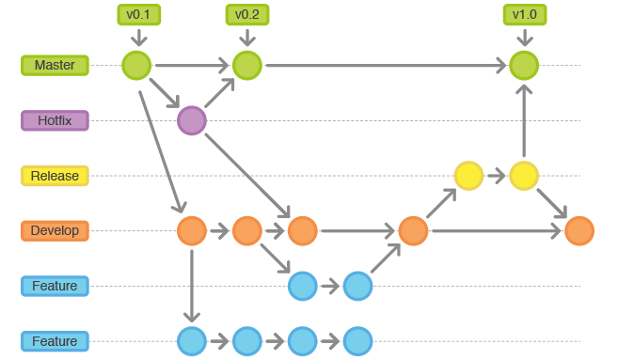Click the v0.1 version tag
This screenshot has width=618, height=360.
(x=138, y=15)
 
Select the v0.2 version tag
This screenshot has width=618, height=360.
(x=247, y=15)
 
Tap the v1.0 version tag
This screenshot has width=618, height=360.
(x=525, y=15)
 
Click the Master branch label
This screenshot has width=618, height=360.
(x=55, y=65)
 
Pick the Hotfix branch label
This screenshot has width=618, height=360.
(x=55, y=120)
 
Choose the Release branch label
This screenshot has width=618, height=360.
(x=55, y=176)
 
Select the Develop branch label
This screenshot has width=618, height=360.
(x=55, y=231)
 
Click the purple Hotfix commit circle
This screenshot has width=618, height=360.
(x=192, y=120)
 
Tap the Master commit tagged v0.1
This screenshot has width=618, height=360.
(x=136, y=66)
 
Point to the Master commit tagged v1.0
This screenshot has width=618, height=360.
(x=524, y=66)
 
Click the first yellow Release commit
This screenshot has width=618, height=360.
(x=468, y=176)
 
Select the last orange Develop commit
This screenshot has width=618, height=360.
(x=579, y=231)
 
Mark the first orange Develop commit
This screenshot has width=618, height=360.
(x=192, y=231)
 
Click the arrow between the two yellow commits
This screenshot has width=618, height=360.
(x=497, y=176)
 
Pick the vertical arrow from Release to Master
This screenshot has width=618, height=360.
(x=524, y=120)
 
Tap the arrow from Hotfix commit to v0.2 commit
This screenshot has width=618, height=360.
(x=219, y=93)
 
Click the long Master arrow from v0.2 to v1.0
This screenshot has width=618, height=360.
(x=386, y=66)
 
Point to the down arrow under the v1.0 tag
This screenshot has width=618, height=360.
(x=525, y=37)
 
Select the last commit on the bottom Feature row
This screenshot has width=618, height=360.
(x=357, y=341)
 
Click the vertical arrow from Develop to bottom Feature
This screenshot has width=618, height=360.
(x=192, y=286)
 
